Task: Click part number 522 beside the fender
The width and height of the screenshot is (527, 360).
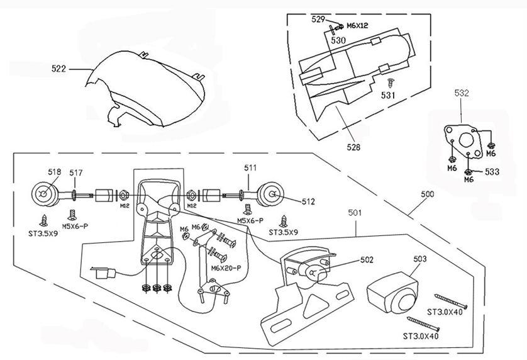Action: [x=58, y=69]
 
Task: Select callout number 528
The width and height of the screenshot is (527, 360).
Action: [x=353, y=147]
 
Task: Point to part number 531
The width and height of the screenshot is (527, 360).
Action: [x=388, y=96]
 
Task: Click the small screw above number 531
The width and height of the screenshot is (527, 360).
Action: [x=390, y=83]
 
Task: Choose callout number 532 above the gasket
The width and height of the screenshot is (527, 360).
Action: [x=462, y=93]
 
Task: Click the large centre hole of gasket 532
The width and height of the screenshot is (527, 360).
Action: [x=465, y=140]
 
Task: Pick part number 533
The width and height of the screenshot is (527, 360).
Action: [x=492, y=172]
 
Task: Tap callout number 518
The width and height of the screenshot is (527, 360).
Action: [x=55, y=172]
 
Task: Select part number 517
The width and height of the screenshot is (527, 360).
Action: [x=76, y=173]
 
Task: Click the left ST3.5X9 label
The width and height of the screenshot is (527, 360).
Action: [x=43, y=233]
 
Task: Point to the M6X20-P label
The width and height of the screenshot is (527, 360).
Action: [x=226, y=268]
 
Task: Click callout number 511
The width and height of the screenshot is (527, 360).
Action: [x=250, y=167]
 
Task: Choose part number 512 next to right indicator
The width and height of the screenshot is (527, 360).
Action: [x=308, y=201]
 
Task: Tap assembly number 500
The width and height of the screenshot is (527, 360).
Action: [x=427, y=194]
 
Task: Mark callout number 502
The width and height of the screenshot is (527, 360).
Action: [x=367, y=260]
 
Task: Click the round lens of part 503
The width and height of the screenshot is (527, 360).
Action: [x=406, y=303]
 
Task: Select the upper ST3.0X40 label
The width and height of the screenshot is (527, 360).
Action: [x=445, y=312]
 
